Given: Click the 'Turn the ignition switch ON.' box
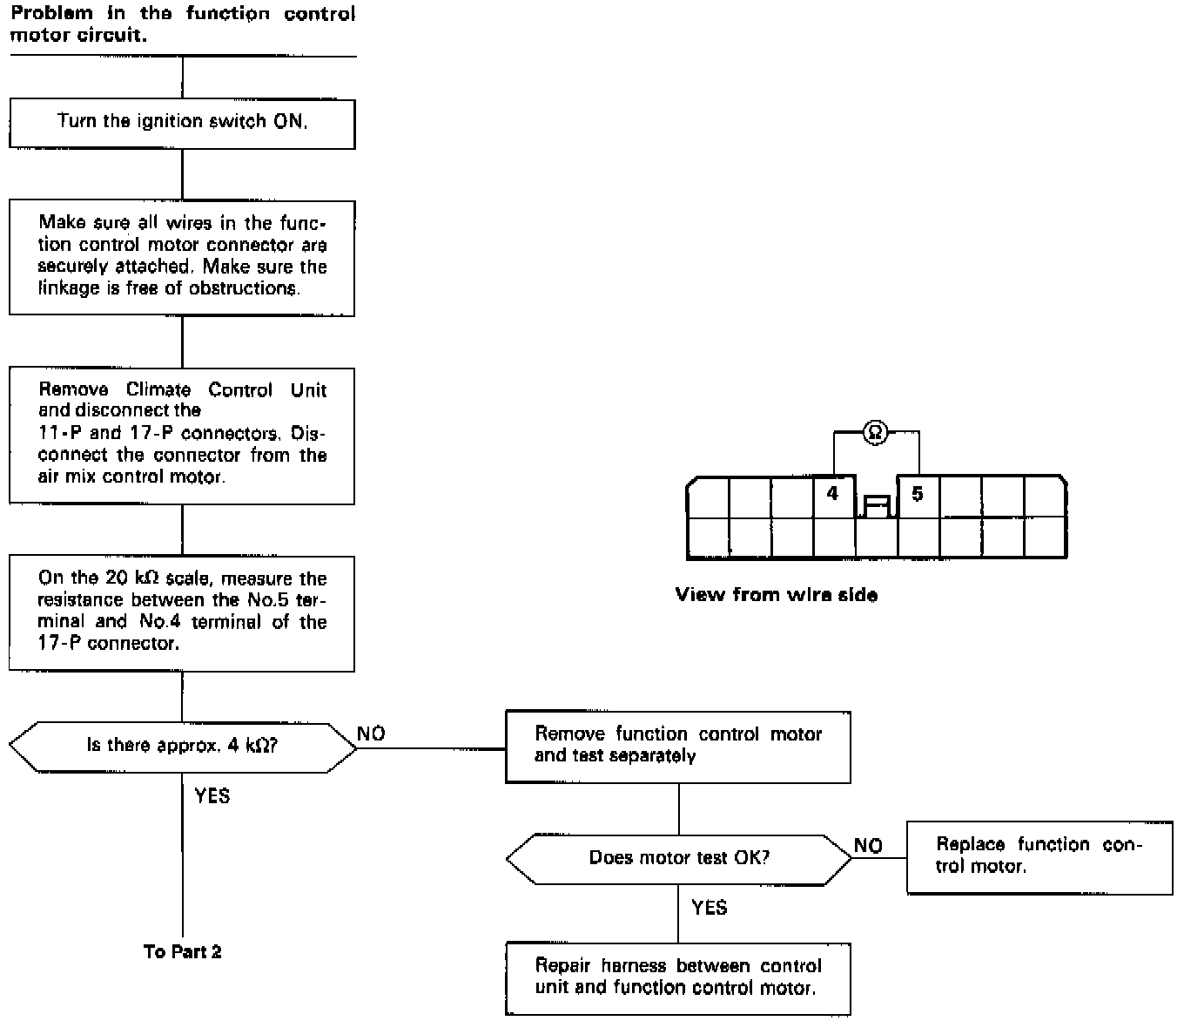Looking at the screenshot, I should coord(182,123).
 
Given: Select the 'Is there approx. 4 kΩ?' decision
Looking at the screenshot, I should coord(182,746).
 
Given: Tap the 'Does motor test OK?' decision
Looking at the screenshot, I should coord(679,858).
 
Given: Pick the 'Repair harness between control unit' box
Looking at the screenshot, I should coord(677,977).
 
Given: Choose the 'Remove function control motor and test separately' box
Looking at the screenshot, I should coord(677,746).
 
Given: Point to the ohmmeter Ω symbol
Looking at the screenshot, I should coord(876,431).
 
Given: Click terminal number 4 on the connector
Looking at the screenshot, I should coord(833,495).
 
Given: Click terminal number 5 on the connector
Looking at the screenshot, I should coord(918,495).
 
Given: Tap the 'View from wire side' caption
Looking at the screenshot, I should coord(777,596).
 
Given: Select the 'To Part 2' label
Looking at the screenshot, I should coord(182,952).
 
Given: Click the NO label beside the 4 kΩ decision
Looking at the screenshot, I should coord(372,734).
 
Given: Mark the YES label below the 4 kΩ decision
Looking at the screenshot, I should coord(212,795).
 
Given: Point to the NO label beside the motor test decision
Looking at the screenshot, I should coord(868,846).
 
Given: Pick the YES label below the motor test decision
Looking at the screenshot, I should coord(710,909).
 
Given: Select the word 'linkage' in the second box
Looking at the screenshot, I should coord(68,288).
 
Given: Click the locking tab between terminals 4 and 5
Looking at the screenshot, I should coord(877,506).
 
